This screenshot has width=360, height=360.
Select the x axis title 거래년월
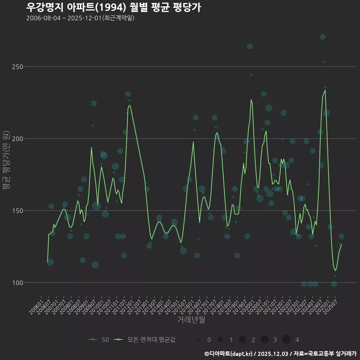pos(191,320)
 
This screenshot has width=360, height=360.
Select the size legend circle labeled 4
pos(286,340)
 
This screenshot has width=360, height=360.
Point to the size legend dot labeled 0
pos(198,340)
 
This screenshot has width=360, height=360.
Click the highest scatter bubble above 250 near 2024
pos(322,37)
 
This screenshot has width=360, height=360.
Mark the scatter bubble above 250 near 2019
pos(250,46)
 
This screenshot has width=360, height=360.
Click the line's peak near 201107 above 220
pos(129,105)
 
